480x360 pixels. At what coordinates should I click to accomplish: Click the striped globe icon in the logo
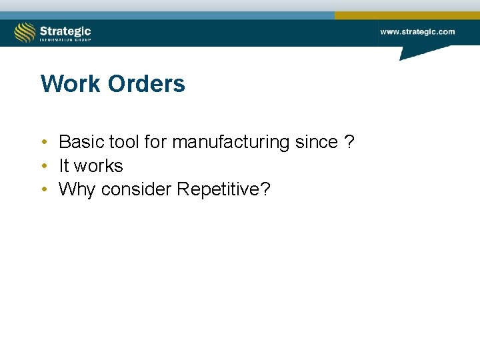coord(25,32)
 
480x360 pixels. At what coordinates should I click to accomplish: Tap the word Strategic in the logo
coord(65,30)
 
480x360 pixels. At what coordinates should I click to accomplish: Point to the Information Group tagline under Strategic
coord(65,40)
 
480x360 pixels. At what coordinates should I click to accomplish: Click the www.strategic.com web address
coord(417,31)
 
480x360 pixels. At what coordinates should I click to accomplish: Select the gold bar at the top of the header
coord(407,15)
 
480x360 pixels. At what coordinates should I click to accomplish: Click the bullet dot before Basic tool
coord(43,143)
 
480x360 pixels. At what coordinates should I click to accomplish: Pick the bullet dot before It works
coord(43,166)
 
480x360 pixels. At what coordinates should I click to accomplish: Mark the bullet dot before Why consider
coord(43,190)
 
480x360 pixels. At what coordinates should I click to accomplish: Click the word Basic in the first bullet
coord(80,142)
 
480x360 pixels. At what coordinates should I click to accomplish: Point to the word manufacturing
coord(225,142)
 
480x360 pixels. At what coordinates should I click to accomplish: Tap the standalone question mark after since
coord(349,142)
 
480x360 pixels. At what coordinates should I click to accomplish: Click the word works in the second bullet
coord(98,166)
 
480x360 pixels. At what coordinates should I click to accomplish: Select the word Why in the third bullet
coord(77,190)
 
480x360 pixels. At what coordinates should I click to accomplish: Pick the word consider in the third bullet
coord(137,190)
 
